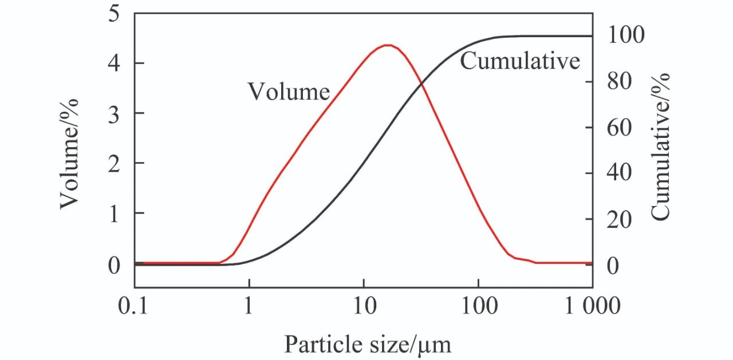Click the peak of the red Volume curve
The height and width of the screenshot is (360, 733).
click(x=388, y=45)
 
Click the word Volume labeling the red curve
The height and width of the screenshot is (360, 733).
click(x=288, y=92)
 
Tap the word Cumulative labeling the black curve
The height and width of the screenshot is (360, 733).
click(x=520, y=61)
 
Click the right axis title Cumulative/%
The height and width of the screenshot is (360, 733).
click(x=660, y=145)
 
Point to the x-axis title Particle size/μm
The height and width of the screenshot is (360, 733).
click(x=368, y=345)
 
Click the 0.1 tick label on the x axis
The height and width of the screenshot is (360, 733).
click(x=135, y=306)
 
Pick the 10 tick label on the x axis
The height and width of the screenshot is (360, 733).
click(x=363, y=306)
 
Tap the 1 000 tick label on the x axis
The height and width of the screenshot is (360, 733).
click(x=592, y=306)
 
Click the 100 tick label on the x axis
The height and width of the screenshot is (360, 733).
click(x=478, y=306)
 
